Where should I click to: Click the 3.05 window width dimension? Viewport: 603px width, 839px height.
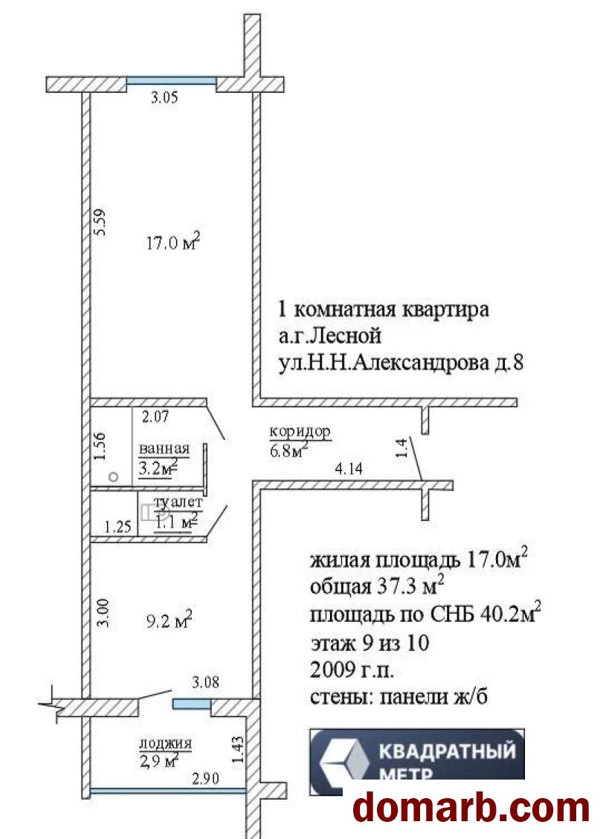click(164, 97)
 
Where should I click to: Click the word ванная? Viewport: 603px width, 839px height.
click(164, 450)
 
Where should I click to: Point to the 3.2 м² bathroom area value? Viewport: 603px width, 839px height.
click(157, 468)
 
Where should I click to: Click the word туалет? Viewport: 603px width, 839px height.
click(178, 502)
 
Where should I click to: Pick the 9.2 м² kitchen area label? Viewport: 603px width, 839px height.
click(167, 619)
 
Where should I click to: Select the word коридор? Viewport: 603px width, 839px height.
click(300, 432)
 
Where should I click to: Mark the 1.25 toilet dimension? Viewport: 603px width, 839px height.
click(117, 527)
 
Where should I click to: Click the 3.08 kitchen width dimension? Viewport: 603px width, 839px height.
click(206, 681)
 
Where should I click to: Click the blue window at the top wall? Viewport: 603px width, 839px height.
click(171, 82)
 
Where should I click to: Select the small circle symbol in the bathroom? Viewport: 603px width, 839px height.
click(112, 477)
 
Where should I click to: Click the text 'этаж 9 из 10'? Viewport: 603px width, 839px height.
click(370, 643)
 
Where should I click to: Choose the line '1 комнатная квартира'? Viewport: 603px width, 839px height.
click(383, 309)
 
